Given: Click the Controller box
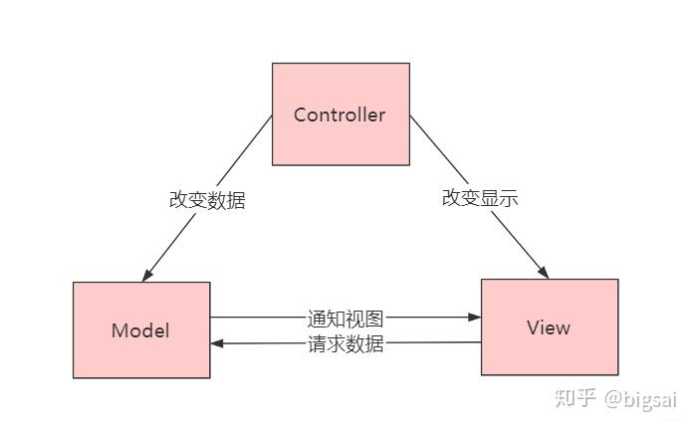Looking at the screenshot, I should pyautogui.click(x=341, y=139).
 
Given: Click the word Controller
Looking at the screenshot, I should pyautogui.click(x=340, y=114).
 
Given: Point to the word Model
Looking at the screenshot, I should pyautogui.click(x=140, y=330).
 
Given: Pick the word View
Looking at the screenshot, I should pyautogui.click(x=549, y=327).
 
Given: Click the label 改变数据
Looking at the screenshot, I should pyautogui.click(x=206, y=199).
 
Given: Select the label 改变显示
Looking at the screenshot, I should pyautogui.click(x=480, y=197).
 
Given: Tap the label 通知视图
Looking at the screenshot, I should pyautogui.click(x=345, y=319).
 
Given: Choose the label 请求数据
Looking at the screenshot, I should pyautogui.click(x=345, y=344).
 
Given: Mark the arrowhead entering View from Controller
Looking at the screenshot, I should pyautogui.click(x=544, y=272).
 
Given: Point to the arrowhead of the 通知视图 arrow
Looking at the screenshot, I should pyautogui.click(x=475, y=319).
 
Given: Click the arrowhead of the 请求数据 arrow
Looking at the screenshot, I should pyautogui.click(x=217, y=343).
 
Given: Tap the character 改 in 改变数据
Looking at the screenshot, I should pyautogui.click(x=178, y=199).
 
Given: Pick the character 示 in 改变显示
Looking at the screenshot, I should pyautogui.click(x=509, y=197).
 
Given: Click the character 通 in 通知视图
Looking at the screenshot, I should pyautogui.click(x=317, y=319).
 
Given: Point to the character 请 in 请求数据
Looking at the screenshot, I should pyautogui.click(x=317, y=344).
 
